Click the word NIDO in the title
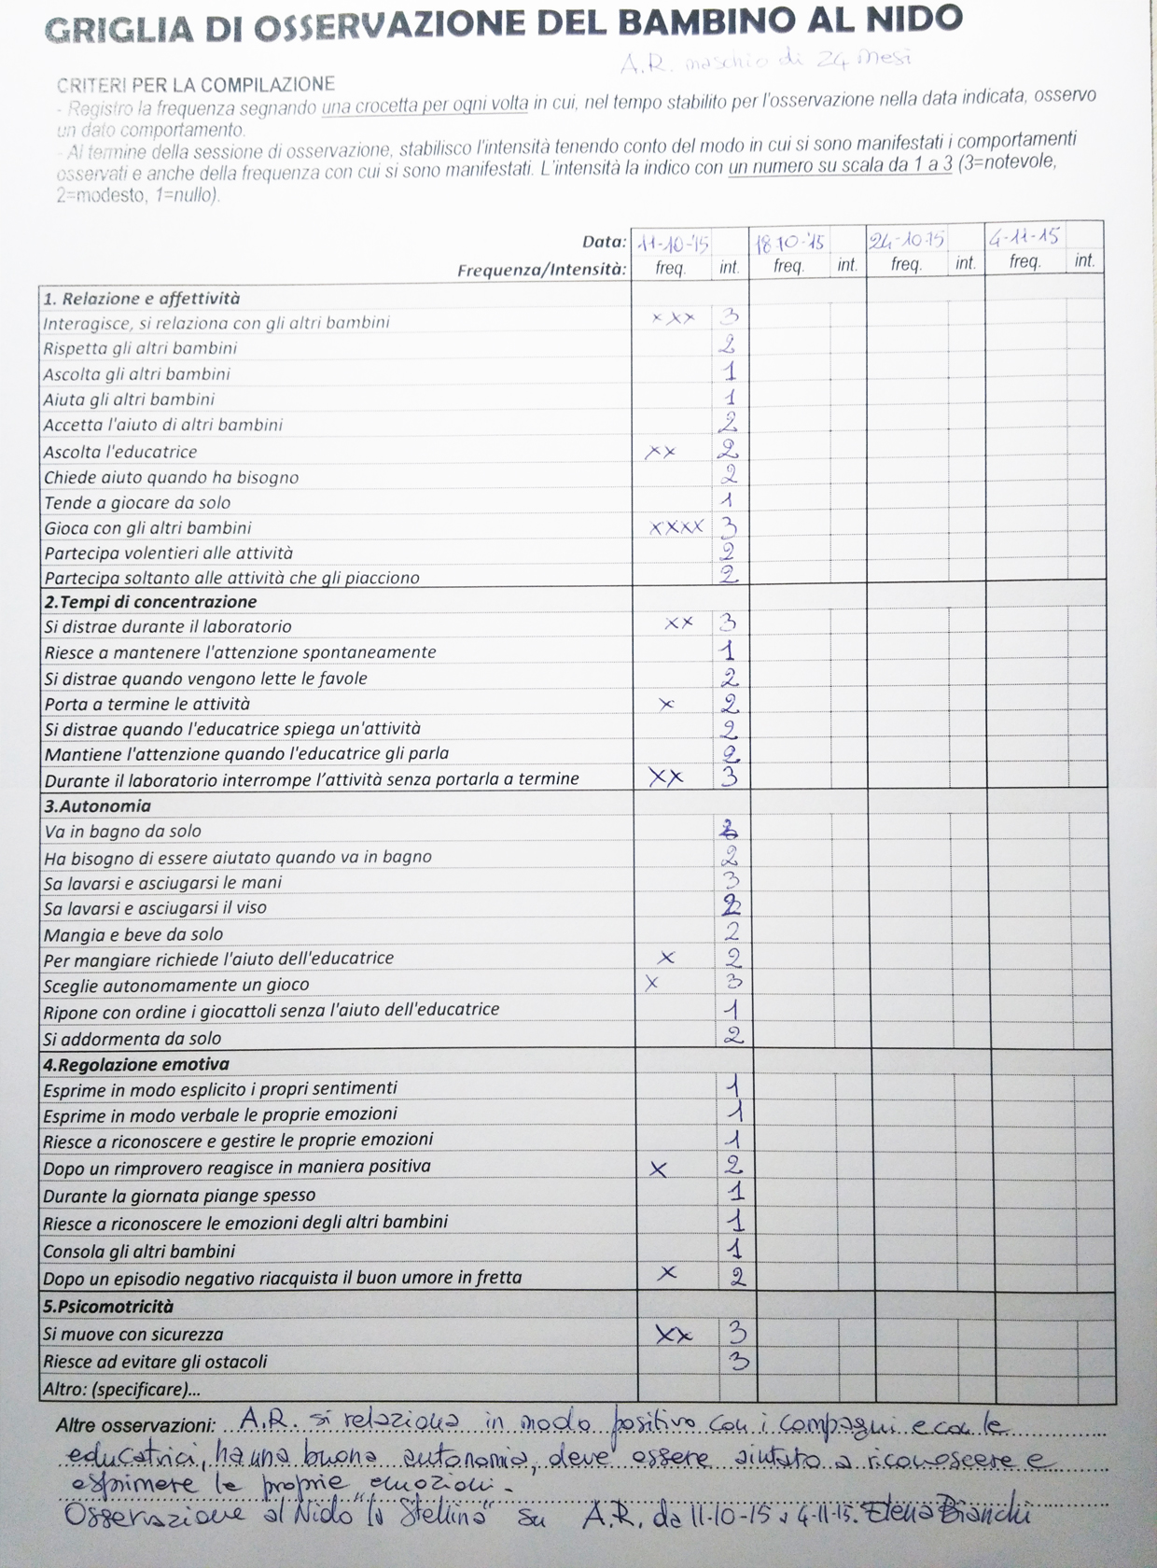tap(909, 18)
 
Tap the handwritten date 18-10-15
tap(789, 243)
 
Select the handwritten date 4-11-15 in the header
tap(1024, 237)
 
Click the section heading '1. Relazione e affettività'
tap(142, 299)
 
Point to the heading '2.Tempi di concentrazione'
tap(150, 602)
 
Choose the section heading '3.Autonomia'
tap(97, 805)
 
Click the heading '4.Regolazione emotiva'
tap(136, 1064)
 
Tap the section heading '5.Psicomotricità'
tap(108, 1307)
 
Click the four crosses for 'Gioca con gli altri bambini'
tap(676, 527)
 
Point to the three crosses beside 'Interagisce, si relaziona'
tap(673, 318)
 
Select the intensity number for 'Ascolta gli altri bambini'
tap(730, 372)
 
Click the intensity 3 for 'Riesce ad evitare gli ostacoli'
tap(737, 1361)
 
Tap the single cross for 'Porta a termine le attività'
tap(666, 704)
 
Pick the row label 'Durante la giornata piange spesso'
tap(179, 1195)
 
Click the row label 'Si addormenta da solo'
tap(132, 1038)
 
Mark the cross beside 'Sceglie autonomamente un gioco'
tap(651, 983)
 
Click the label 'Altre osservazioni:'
tap(135, 1425)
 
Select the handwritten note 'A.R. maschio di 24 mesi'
tap(764, 61)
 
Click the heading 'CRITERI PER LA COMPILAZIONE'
tap(195, 85)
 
